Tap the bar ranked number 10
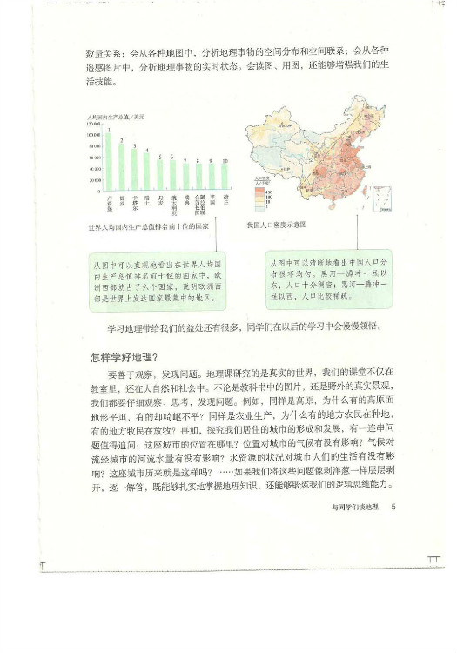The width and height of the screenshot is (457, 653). coord(225,177)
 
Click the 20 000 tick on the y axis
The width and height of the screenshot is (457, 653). coord(94,179)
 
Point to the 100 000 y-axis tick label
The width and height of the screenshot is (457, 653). coord(93,125)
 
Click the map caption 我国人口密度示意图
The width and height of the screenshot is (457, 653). coord(277,225)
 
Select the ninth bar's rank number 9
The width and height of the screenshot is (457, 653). coord(212,161)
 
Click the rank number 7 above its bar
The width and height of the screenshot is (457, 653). coord(185,160)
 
